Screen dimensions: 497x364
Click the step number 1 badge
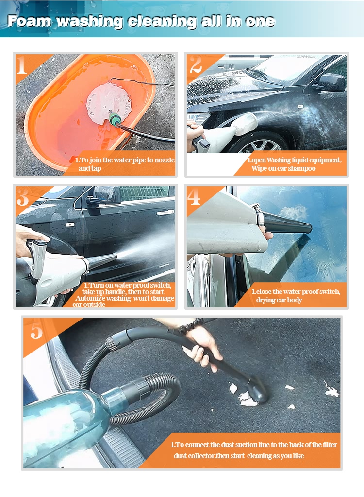pos(22,65)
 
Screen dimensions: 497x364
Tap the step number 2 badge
pos(196,65)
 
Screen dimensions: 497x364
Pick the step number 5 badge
pos(36,331)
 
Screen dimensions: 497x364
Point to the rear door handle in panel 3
pos(165,212)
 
